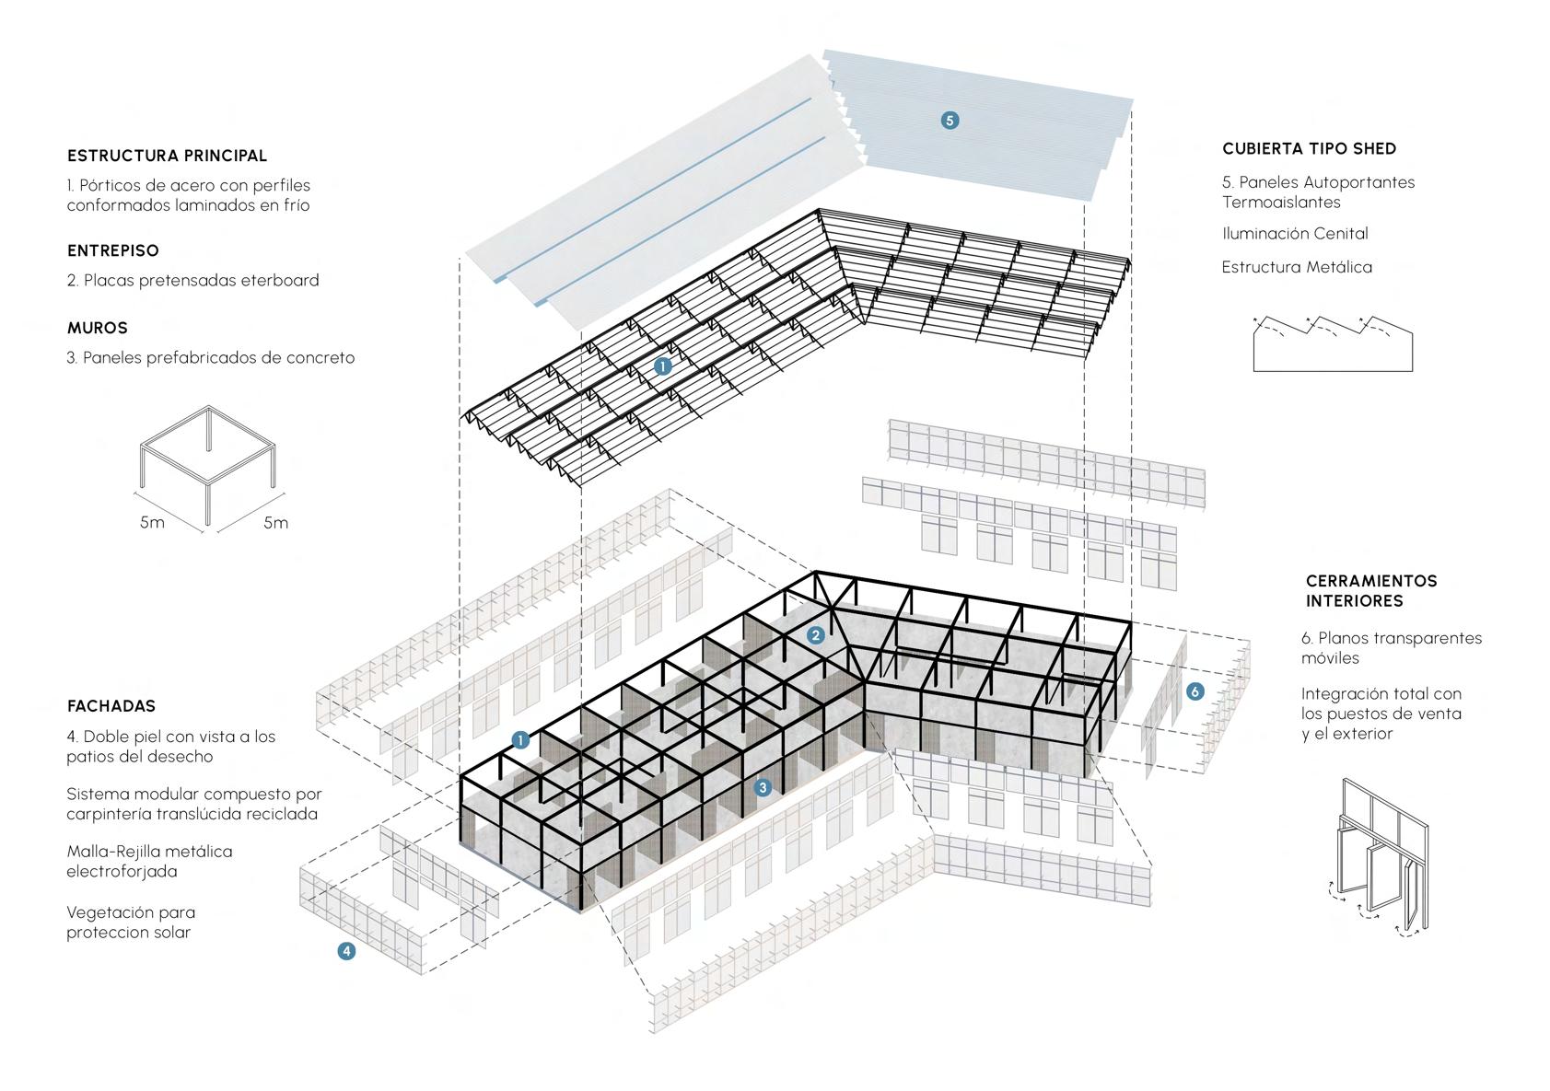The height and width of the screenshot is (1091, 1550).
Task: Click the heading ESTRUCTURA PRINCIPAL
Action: [167, 156]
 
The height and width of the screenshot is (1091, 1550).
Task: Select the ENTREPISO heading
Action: [112, 250]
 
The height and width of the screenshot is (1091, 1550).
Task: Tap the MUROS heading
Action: [97, 328]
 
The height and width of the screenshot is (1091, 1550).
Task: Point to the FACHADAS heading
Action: [111, 706]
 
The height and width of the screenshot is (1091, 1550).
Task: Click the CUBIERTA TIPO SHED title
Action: [1309, 148]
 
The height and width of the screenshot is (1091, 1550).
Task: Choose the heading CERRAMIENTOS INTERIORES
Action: [1370, 590]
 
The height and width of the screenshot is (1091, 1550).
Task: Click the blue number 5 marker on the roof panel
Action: [950, 120]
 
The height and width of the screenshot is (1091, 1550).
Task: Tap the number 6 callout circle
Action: [1195, 691]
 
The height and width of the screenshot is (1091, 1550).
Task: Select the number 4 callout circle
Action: [346, 951]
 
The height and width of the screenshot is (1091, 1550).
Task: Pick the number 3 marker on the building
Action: [762, 787]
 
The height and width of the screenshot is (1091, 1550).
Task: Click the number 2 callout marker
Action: [815, 635]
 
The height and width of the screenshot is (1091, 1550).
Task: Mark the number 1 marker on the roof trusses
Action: [662, 366]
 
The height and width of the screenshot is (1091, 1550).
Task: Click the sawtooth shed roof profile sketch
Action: [1332, 343]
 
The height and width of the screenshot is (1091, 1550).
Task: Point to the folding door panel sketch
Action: [1379, 856]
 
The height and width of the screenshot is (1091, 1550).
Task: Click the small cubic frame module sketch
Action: [209, 464]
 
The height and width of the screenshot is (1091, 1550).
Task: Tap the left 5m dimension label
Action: [152, 523]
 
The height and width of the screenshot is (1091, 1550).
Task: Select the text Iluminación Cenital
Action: [1295, 234]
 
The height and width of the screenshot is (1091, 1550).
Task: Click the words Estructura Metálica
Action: [1297, 267]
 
